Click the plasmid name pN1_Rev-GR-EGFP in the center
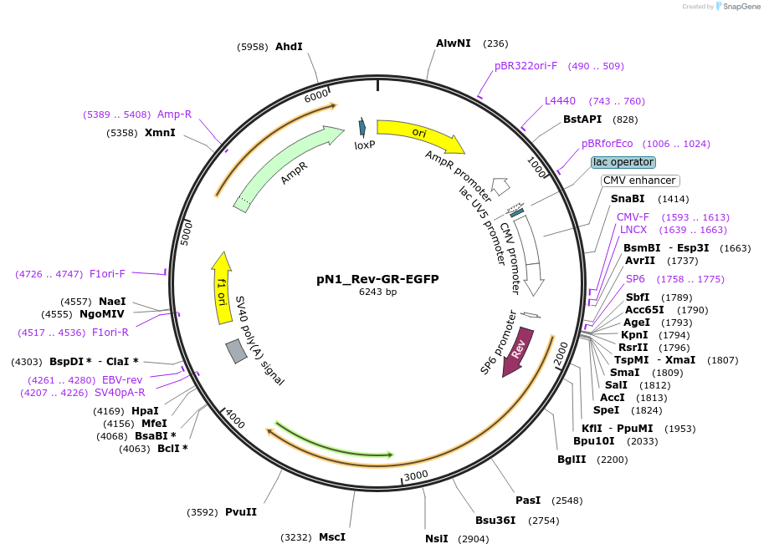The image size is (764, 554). coord(377,279)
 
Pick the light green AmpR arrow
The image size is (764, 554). coord(289,167)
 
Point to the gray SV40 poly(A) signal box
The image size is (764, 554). coord(236,352)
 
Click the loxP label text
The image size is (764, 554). coord(365,145)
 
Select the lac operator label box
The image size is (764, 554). coord(623,162)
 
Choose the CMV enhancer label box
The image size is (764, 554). coord(640,180)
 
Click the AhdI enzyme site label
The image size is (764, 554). coord(289,47)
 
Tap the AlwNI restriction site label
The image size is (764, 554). coord(454,43)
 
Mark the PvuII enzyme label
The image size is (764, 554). coord(241,512)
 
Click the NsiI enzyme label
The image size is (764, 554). coord(437,539)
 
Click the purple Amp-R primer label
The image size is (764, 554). coord(174,114)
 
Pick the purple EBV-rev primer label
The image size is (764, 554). coord(122,380)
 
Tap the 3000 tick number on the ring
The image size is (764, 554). coord(416,476)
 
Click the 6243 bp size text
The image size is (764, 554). coord(377,292)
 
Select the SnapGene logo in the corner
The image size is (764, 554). coord(733,7)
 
